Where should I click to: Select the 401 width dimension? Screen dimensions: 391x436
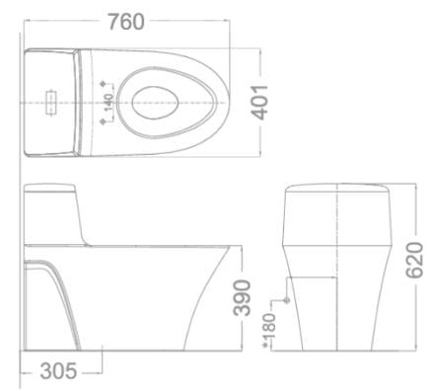tap(260, 100)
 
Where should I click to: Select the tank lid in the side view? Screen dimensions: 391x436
tap(51, 190)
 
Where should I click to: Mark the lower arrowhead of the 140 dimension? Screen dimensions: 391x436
tap(106, 120)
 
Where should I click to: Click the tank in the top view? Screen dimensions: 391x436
tap(49, 100)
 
